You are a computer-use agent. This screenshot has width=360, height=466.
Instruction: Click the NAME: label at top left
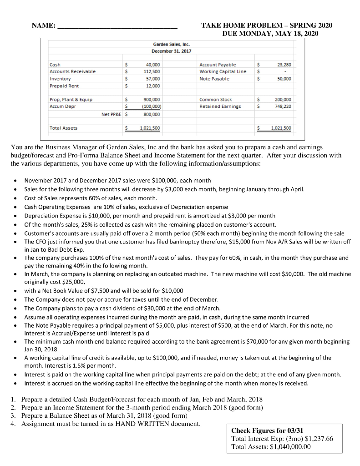(x=44, y=25)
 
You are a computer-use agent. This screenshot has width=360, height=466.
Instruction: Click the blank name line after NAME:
(x=117, y=26)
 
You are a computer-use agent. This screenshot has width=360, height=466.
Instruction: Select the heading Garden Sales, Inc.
(x=171, y=45)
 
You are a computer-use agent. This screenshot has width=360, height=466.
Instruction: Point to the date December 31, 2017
(x=171, y=51)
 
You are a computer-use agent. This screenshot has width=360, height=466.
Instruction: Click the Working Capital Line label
(x=223, y=72)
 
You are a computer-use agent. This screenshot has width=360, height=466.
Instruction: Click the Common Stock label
(x=216, y=99)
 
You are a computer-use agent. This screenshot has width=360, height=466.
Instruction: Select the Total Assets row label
(x=63, y=128)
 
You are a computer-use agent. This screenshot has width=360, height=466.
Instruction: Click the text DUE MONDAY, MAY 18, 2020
(x=270, y=34)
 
